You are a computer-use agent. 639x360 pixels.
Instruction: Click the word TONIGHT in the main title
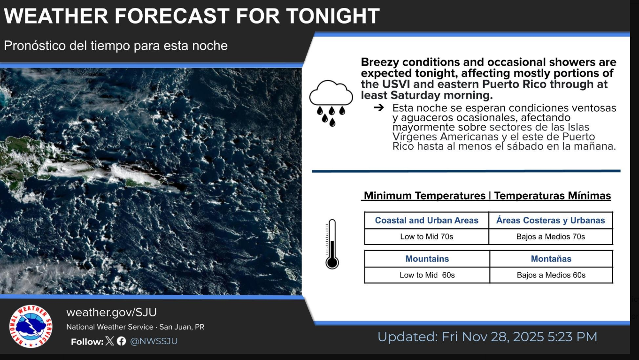tap(333, 16)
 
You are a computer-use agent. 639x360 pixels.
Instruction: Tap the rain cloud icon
tap(331, 103)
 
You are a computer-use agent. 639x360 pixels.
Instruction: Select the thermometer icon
tap(332, 244)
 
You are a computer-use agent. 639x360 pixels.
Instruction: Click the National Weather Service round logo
tap(31, 326)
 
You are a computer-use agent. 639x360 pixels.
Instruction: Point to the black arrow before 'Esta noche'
tap(379, 107)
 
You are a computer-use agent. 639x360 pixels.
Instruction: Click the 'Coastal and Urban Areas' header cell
tap(426, 220)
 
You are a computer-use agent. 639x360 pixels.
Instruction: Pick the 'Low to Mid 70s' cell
tap(426, 237)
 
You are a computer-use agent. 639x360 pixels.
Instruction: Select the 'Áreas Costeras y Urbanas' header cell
tap(551, 220)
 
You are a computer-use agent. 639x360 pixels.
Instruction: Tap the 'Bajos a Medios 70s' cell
tap(551, 237)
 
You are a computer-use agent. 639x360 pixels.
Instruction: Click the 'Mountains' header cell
tap(427, 259)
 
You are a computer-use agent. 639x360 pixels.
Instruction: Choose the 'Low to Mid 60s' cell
tap(427, 275)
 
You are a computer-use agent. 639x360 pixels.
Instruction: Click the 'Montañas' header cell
tap(551, 259)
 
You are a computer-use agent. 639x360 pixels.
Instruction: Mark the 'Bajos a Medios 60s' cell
tap(551, 275)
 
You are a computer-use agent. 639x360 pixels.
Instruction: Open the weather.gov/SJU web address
tap(112, 313)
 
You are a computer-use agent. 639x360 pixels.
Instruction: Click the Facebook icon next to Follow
tap(121, 341)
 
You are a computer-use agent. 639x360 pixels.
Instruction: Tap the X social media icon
tap(109, 341)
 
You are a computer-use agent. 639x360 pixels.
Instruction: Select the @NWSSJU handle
tap(154, 341)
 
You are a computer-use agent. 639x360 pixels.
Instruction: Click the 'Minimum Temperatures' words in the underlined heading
tap(424, 196)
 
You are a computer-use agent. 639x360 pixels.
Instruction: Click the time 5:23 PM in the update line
tap(572, 337)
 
